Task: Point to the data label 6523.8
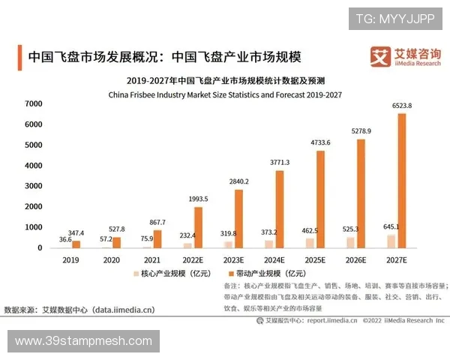point(401,106)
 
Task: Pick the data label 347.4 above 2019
point(75,233)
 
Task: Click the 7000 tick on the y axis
point(33,103)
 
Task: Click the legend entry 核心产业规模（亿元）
point(169,275)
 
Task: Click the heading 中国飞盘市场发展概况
point(91,57)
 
